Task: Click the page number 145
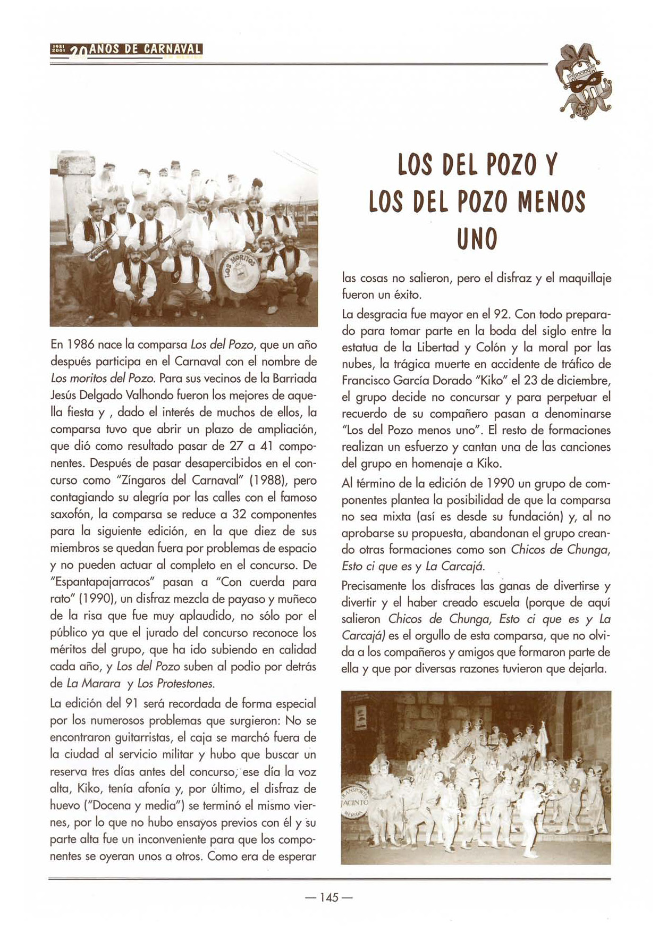coord(329,898)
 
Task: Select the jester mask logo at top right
coord(582,80)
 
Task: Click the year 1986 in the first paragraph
coord(80,345)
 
